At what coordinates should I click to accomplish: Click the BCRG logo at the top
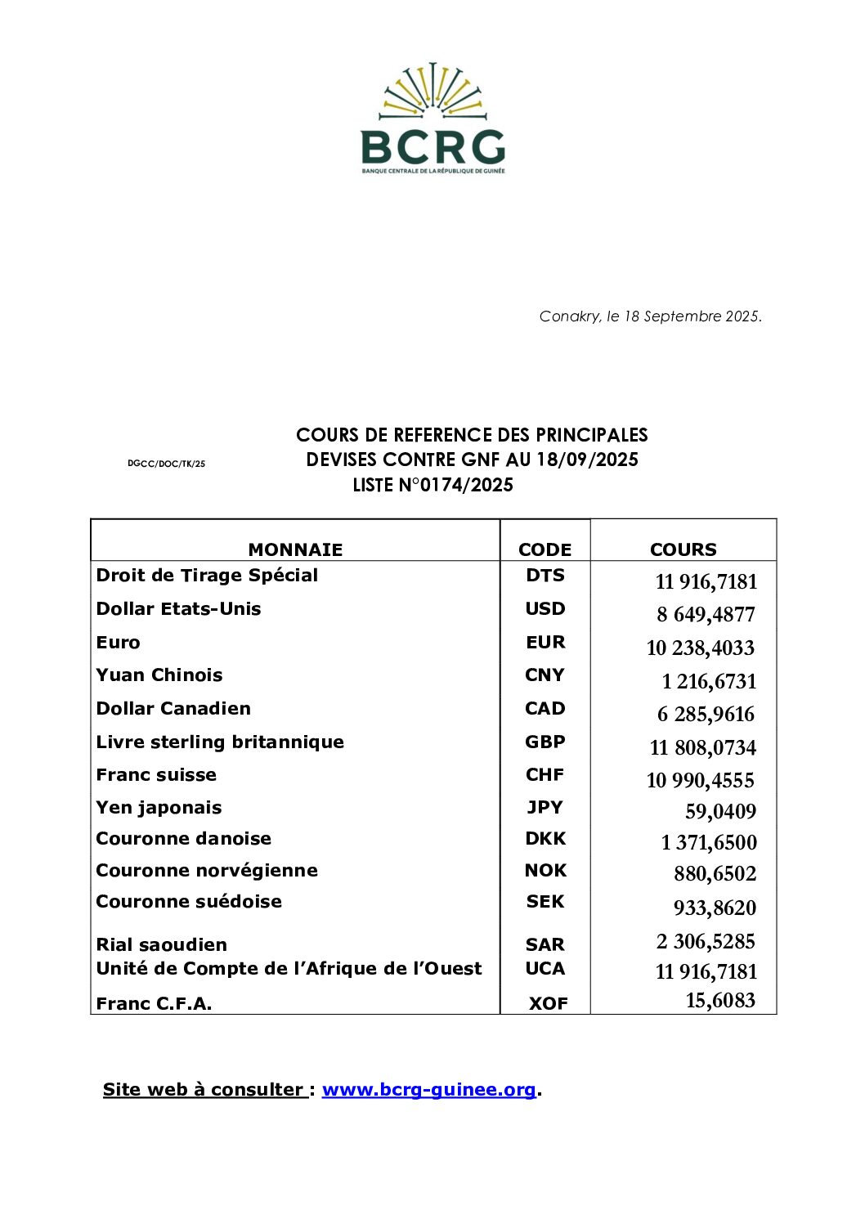click(432, 119)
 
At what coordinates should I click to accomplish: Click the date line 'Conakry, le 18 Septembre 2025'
click(650, 316)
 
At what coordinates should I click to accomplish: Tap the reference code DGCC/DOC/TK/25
click(166, 464)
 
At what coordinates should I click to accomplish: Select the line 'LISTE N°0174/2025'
click(432, 485)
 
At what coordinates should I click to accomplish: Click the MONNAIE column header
click(295, 549)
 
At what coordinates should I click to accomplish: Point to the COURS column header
click(683, 549)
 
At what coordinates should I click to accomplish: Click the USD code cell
click(545, 609)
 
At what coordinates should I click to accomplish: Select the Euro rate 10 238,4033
click(700, 648)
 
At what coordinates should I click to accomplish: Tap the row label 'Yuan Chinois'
click(159, 675)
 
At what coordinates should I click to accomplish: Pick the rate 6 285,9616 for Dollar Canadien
click(706, 715)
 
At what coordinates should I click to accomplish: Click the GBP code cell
click(545, 742)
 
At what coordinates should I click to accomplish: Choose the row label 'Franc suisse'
click(156, 775)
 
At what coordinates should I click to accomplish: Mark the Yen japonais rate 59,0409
click(720, 812)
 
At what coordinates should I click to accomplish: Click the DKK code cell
click(545, 839)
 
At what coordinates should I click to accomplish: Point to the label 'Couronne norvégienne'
click(207, 871)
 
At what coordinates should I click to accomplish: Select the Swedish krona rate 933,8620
click(715, 908)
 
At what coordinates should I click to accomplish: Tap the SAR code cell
click(545, 945)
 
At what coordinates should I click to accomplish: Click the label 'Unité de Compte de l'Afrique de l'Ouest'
click(289, 969)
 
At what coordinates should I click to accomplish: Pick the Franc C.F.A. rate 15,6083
click(720, 1001)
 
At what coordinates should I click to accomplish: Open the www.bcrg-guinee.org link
click(429, 1090)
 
